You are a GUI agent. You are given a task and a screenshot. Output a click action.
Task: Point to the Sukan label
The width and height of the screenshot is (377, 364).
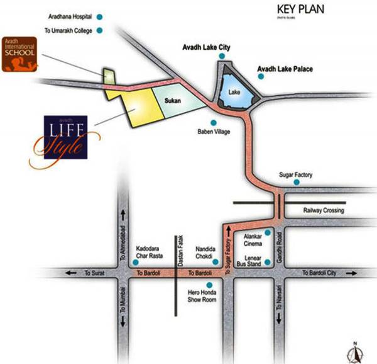coord(172,100)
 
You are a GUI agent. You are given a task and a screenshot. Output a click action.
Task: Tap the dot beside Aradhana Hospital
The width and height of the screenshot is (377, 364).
coord(98,18)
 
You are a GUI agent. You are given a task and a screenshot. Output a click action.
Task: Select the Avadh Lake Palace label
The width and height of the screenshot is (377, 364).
coord(285,69)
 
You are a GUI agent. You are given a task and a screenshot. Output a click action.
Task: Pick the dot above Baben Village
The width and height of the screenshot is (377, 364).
coord(214,123)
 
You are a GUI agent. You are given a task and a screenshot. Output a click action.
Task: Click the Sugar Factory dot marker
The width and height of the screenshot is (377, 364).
coord(297,183)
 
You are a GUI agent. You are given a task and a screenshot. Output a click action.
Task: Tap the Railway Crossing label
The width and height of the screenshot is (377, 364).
coord(324,212)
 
